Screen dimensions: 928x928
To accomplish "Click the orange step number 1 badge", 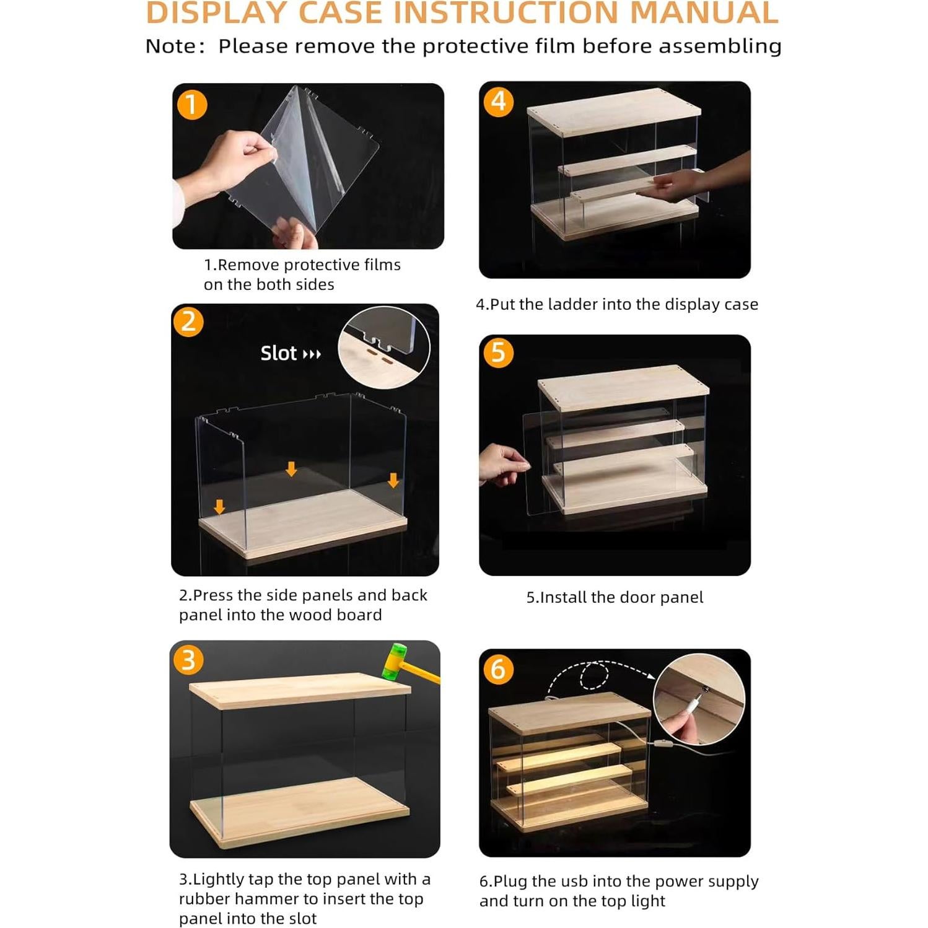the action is (x=192, y=105).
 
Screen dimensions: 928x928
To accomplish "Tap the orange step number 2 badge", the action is (x=189, y=322).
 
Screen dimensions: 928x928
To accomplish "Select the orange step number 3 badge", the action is (x=188, y=660).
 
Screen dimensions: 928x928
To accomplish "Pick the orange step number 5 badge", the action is (x=499, y=353).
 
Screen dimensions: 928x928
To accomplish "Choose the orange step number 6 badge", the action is (x=499, y=670).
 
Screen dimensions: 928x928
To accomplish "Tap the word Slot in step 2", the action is (x=279, y=353).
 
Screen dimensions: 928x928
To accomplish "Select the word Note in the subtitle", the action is (x=170, y=46).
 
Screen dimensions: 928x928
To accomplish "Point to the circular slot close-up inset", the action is (x=384, y=347).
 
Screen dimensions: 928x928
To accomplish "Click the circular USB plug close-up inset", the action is (x=699, y=699).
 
